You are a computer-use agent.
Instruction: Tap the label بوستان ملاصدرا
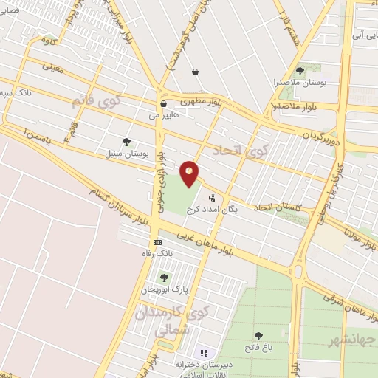(x=301, y=82)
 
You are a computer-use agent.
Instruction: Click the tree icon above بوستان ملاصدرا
(x=300, y=71)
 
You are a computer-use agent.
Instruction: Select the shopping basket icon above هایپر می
(x=162, y=104)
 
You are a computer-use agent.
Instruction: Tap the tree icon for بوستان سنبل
(x=127, y=142)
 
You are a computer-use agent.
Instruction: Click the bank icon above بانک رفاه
(x=157, y=242)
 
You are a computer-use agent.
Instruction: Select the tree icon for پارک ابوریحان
(x=163, y=278)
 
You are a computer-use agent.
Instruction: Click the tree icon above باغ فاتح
(x=258, y=337)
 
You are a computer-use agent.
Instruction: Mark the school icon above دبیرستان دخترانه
(x=205, y=353)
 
